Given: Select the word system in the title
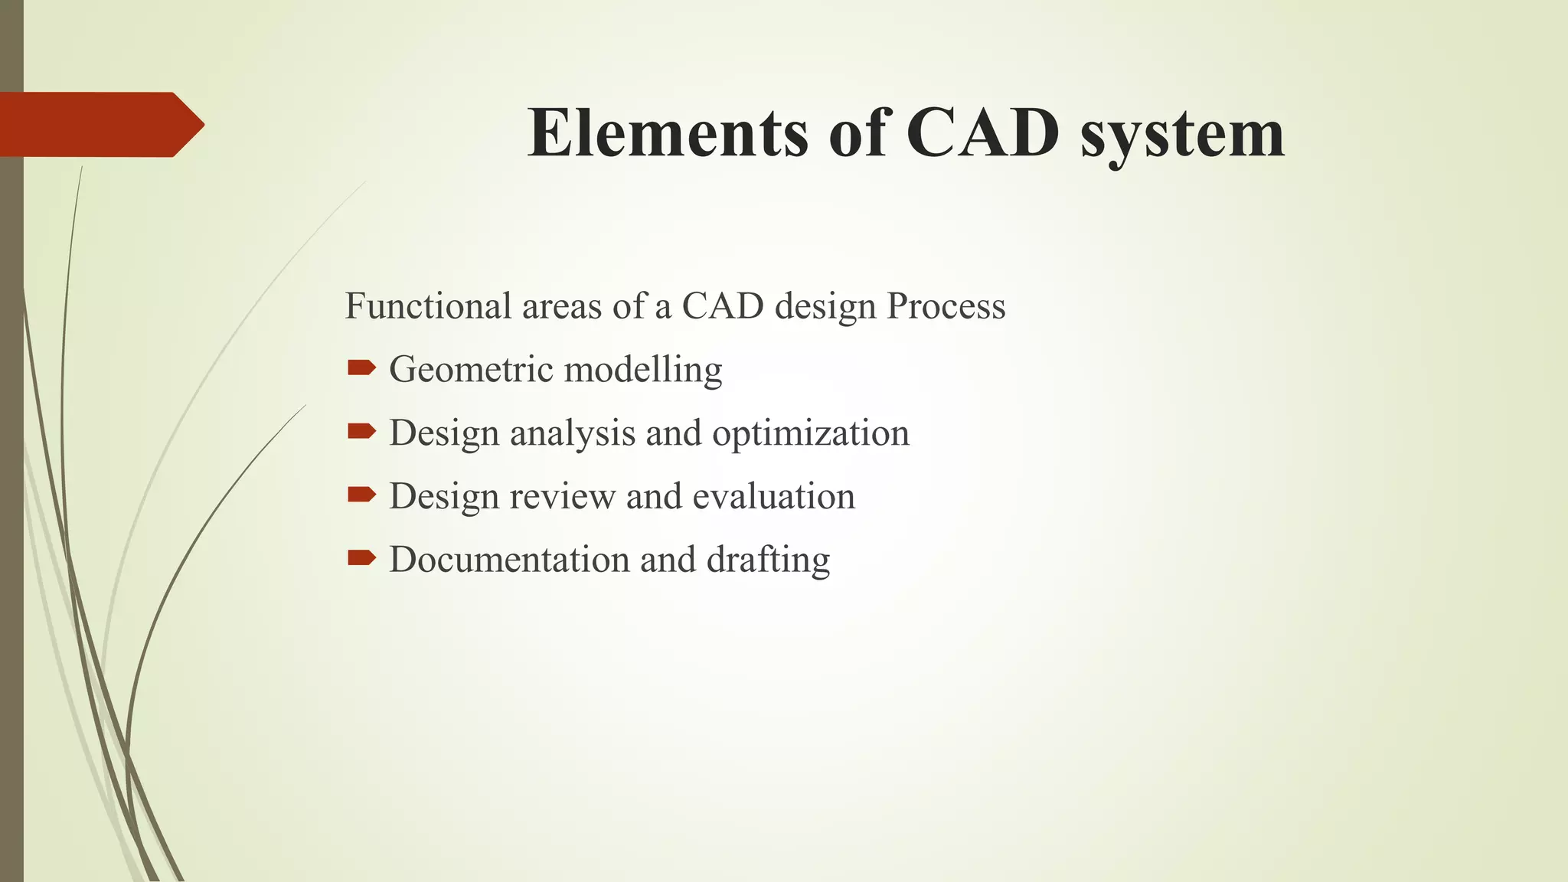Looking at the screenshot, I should [1182, 136].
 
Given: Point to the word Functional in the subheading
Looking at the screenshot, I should [428, 306].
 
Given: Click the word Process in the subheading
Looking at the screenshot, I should [946, 306].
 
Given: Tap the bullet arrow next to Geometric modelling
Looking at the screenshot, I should [361, 369].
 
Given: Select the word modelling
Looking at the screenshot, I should [643, 371].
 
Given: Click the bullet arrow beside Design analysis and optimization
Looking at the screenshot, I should [361, 433].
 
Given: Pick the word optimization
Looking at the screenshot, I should [811, 434].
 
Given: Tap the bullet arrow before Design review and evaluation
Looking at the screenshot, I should [361, 495].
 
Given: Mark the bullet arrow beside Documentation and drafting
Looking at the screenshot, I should [361, 558].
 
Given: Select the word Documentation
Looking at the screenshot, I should [509, 560].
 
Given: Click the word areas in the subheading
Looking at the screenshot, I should [561, 306].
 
